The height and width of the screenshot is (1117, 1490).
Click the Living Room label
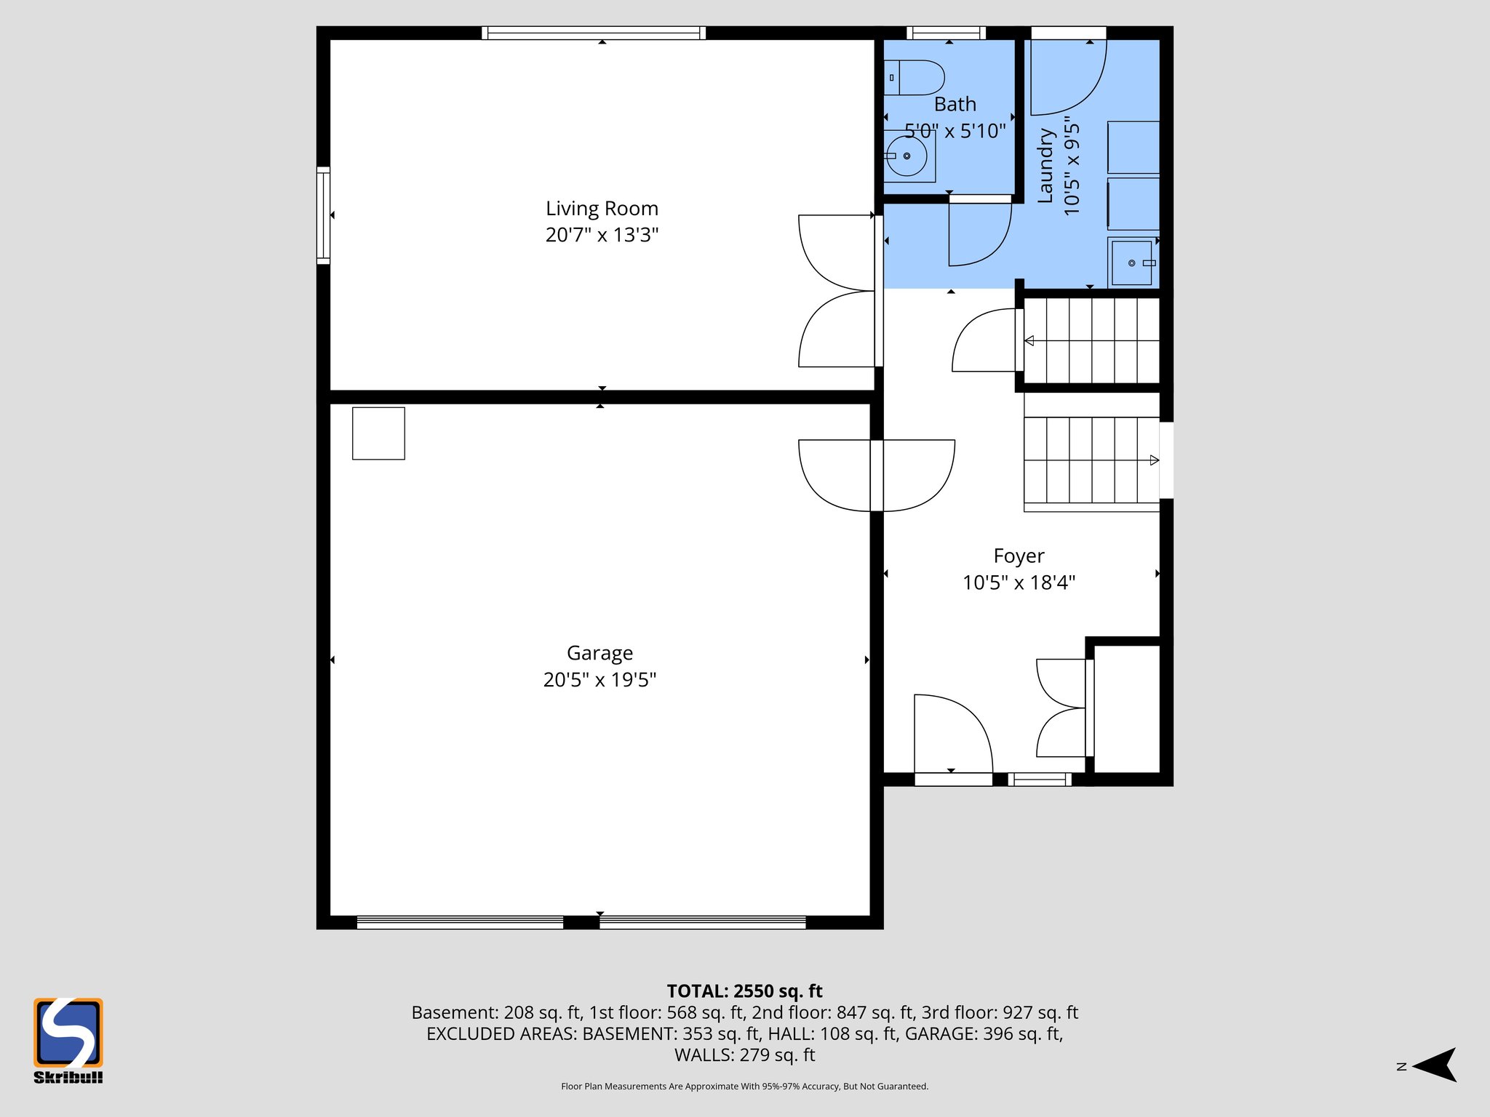[x=602, y=209]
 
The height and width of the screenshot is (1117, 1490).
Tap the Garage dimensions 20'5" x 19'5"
[x=599, y=680]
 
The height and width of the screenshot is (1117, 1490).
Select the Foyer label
[x=1019, y=556]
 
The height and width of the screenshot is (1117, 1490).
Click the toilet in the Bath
[x=915, y=78]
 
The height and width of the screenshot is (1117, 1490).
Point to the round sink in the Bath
[x=907, y=156]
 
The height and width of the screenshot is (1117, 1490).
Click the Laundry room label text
[x=1045, y=166]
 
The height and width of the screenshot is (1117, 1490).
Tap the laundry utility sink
[x=1132, y=263]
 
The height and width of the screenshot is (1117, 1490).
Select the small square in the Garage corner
[x=378, y=433]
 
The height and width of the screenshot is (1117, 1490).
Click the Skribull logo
[x=68, y=1040]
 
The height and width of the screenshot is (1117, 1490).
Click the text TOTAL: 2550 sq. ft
[x=744, y=991]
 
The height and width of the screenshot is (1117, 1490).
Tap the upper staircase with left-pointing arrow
[x=1091, y=340]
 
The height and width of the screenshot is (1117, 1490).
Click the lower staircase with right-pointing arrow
[x=1091, y=460]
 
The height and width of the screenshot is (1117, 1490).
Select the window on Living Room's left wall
[x=323, y=215]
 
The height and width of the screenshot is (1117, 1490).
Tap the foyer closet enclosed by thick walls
[x=1127, y=709]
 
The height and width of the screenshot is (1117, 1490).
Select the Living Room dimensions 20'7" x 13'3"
[x=602, y=235]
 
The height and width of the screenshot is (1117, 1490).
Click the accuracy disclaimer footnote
[x=744, y=1086]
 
